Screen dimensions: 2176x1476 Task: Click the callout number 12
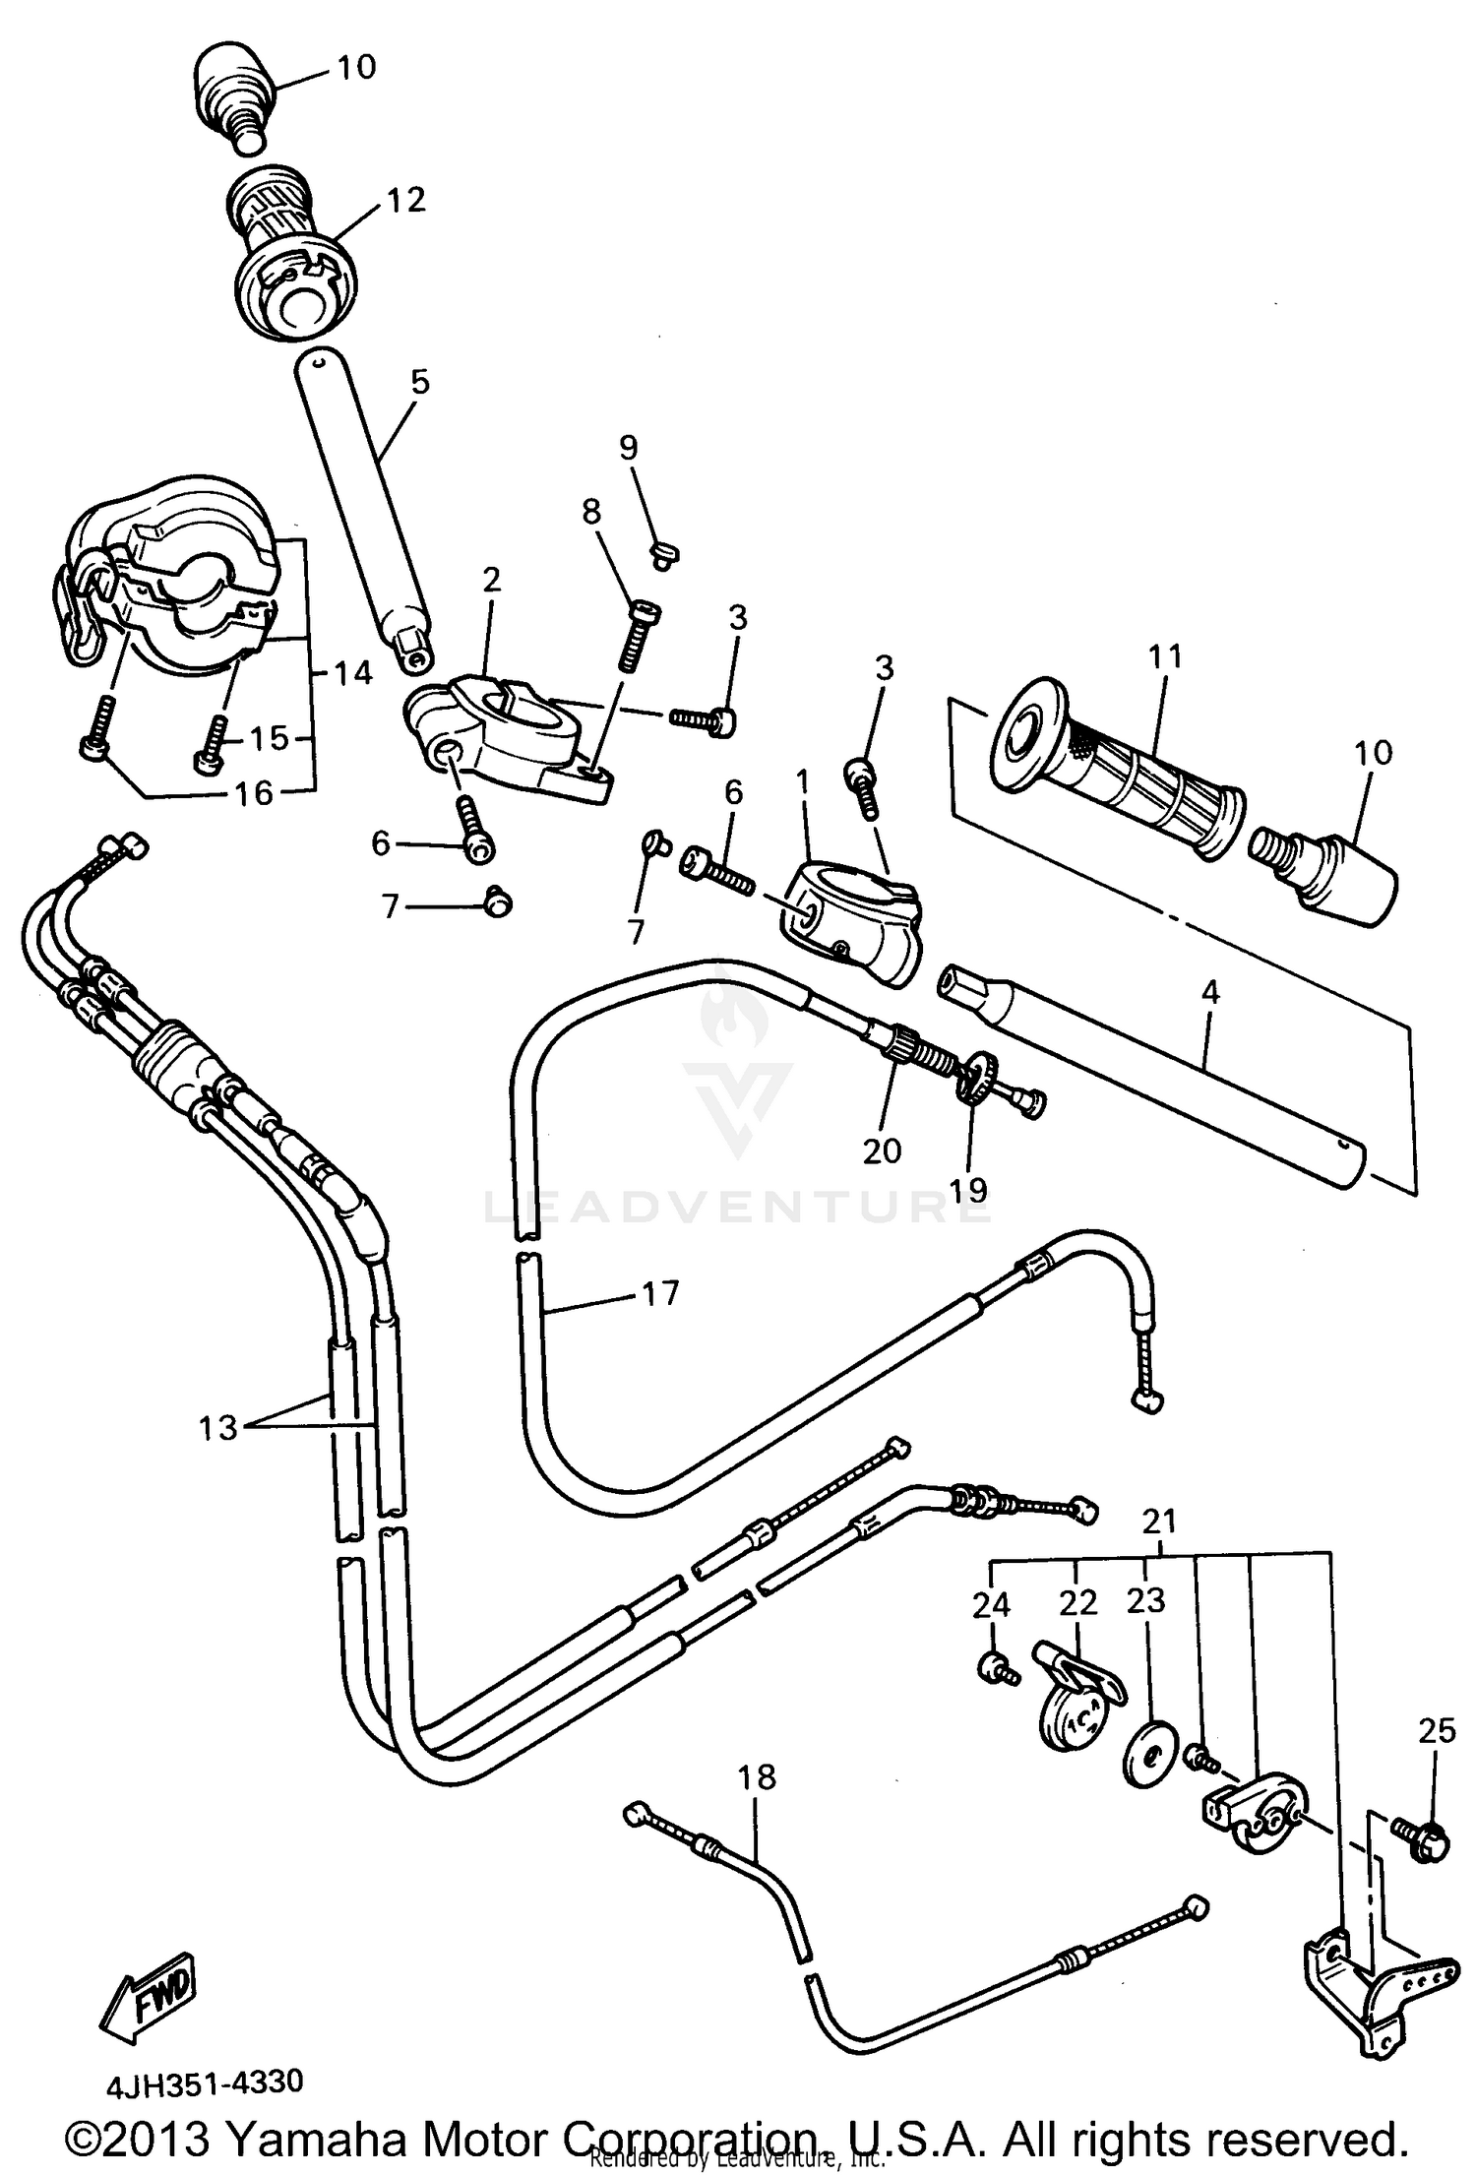(x=405, y=200)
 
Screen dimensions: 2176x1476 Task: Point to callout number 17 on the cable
(x=660, y=1292)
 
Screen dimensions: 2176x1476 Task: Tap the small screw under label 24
(x=995, y=1667)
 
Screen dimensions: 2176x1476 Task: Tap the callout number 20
(x=882, y=1150)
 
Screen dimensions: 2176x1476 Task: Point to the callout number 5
(x=420, y=382)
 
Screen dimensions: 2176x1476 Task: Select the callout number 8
(x=590, y=512)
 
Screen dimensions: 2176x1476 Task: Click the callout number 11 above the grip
(x=1164, y=656)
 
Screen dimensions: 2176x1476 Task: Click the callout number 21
(x=1159, y=1522)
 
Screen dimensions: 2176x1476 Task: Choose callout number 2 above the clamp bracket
(x=492, y=580)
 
